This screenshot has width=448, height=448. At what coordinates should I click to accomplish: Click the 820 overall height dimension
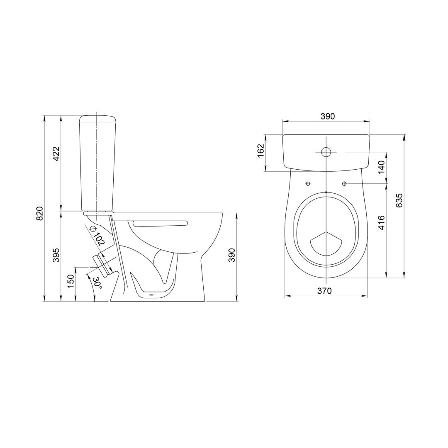(40, 213)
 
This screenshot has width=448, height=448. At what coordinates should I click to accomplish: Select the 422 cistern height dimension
(56, 154)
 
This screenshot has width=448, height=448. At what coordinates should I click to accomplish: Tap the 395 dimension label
(56, 255)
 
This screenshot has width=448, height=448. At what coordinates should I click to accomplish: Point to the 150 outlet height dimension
(71, 280)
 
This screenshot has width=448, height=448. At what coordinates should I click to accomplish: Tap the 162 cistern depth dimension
(260, 151)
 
